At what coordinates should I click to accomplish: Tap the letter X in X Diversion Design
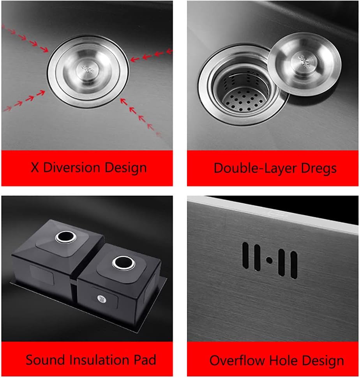click(x=35, y=168)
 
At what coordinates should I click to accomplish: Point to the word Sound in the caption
click(x=43, y=359)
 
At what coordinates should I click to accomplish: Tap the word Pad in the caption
click(x=144, y=359)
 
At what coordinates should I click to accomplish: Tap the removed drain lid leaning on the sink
click(x=304, y=63)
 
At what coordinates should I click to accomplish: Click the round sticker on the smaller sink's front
click(x=102, y=299)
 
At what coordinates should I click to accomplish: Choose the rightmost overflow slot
click(x=294, y=265)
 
